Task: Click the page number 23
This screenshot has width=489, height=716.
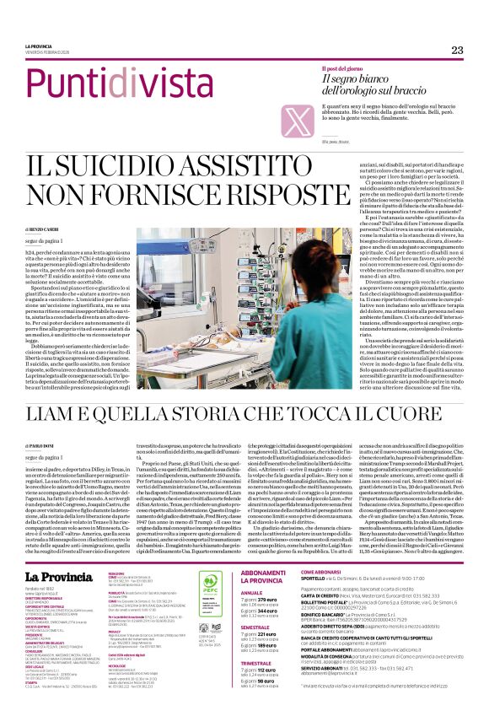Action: pos(457,50)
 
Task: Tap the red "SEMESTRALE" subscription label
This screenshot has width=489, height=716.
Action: pos(255,604)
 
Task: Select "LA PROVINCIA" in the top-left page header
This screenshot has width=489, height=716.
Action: pos(39,46)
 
